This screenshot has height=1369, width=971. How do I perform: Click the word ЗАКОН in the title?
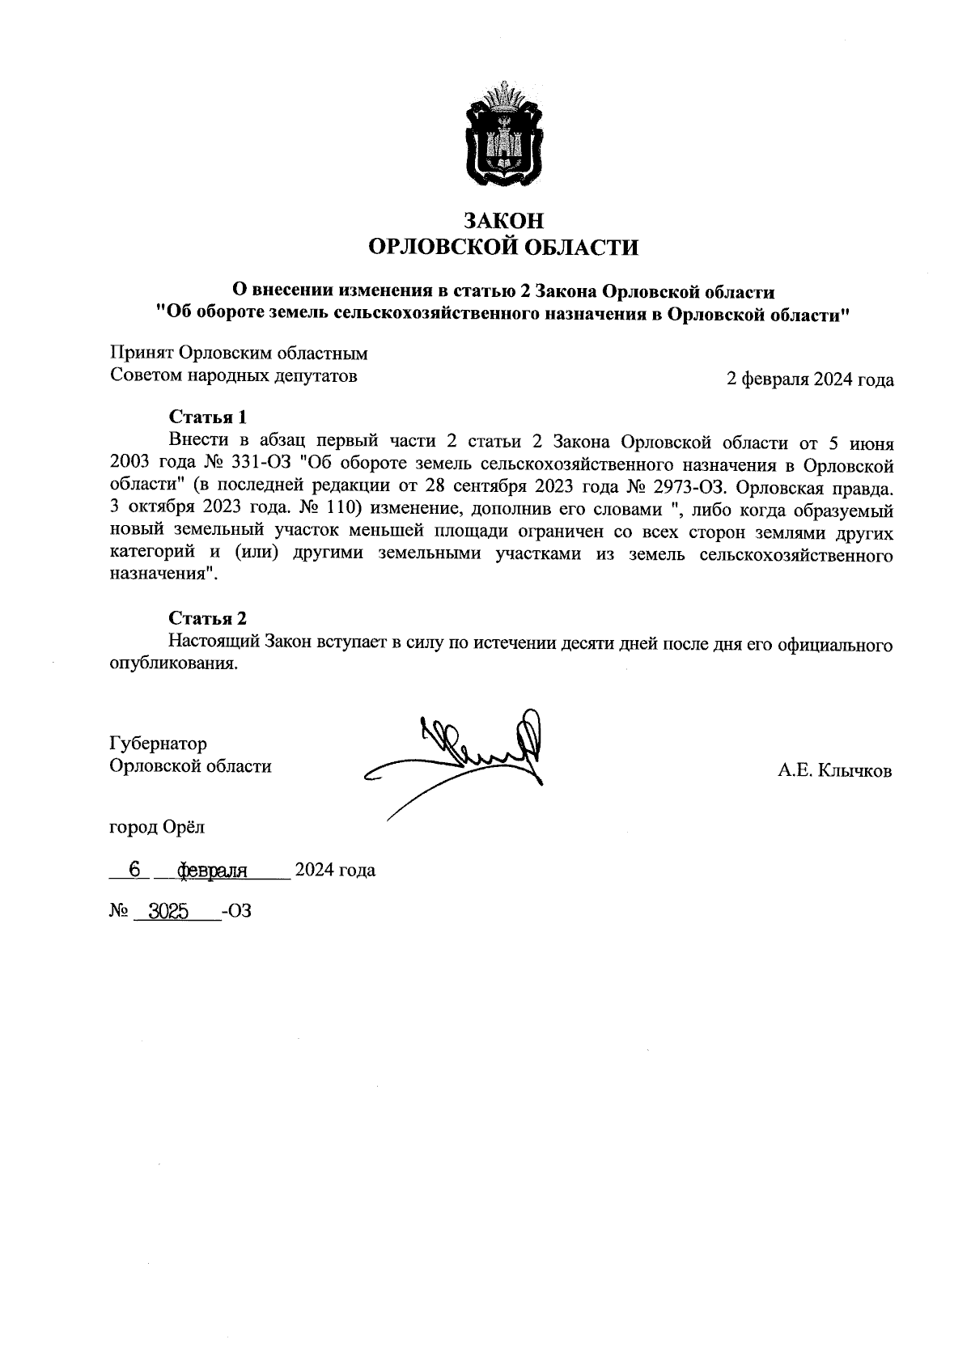pyautogui.click(x=503, y=220)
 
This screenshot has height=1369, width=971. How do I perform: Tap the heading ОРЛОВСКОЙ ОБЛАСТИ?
pyautogui.click(x=503, y=247)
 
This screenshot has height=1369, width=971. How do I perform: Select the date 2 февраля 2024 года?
pyautogui.click(x=810, y=379)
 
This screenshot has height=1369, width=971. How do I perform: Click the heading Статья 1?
pyautogui.click(x=207, y=417)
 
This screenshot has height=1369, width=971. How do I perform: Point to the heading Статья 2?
pyautogui.click(x=207, y=619)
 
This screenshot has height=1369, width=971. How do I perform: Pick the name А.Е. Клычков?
pyautogui.click(x=834, y=771)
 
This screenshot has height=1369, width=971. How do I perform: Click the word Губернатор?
pyautogui.click(x=158, y=744)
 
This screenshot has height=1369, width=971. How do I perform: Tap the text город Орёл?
pyautogui.click(x=157, y=827)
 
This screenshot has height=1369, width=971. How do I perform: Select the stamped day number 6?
pyautogui.click(x=135, y=870)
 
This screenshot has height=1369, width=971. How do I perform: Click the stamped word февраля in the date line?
pyautogui.click(x=211, y=871)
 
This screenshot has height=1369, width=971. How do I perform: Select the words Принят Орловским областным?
pyautogui.click(x=239, y=354)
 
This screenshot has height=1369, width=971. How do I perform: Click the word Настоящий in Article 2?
pyautogui.click(x=213, y=643)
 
